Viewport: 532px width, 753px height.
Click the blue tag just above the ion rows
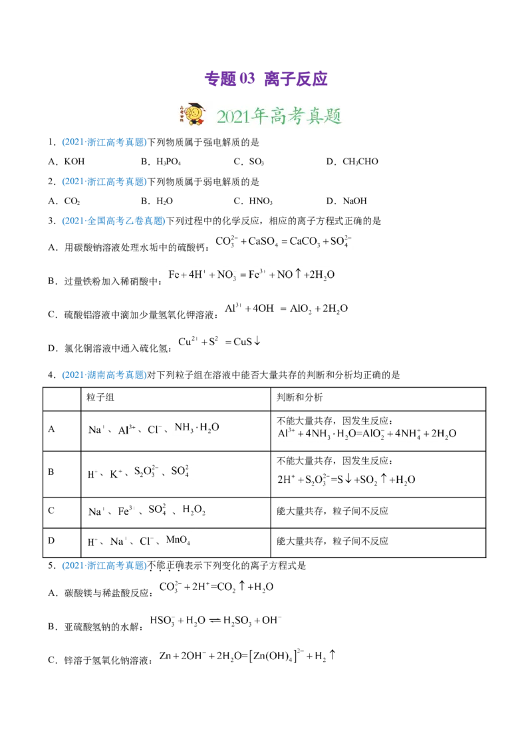click(x=104, y=376)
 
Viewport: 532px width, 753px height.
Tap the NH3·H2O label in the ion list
click(x=197, y=426)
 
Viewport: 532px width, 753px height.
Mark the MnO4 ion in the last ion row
click(x=182, y=539)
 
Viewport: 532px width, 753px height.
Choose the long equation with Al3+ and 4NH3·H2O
click(x=366, y=434)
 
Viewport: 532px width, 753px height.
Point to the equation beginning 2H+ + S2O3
click(x=346, y=478)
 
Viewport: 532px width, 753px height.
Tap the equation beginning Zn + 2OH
click(x=247, y=657)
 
